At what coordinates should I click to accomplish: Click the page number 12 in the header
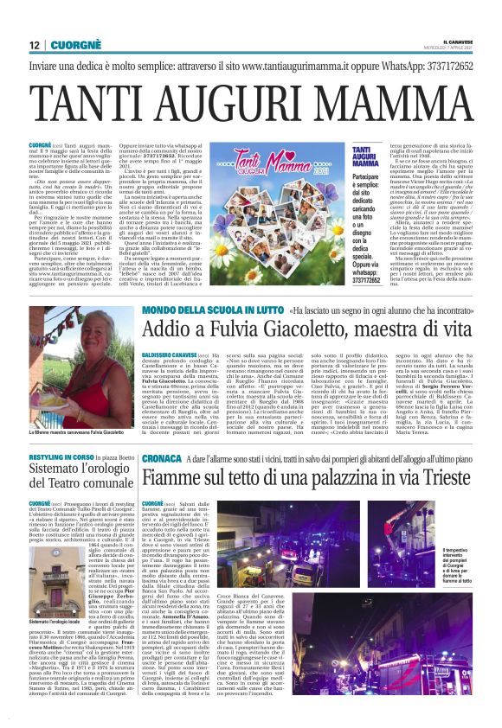tap(35, 45)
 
